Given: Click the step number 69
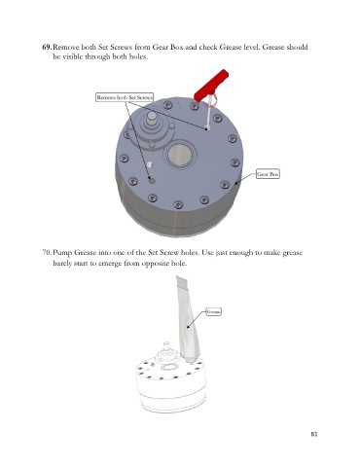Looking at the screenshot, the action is [47, 47].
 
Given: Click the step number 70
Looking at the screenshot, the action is [47, 252].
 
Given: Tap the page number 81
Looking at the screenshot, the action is [314, 434].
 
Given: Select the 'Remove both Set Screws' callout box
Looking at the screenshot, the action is [125, 97].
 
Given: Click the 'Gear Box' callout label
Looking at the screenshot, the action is [268, 174].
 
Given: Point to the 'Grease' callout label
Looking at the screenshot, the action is [214, 311].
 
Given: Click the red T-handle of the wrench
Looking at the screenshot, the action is [211, 85].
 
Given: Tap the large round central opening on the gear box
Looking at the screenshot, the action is [181, 155].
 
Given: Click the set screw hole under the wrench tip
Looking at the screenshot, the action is [208, 128].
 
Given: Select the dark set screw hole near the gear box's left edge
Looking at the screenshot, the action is [152, 180].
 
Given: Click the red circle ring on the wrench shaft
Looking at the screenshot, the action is [211, 100].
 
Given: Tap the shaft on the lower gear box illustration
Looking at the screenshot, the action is [166, 348].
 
